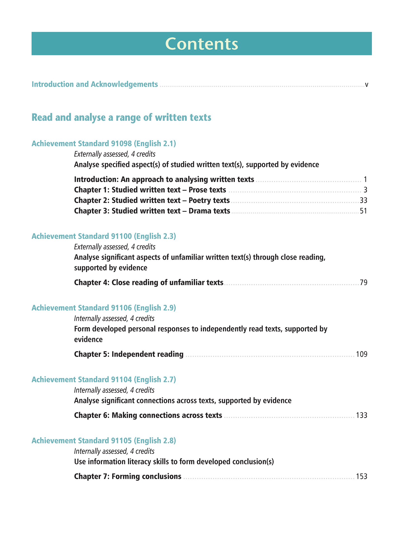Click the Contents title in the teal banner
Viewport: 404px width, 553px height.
202,44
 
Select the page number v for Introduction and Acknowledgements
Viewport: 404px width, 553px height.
366,84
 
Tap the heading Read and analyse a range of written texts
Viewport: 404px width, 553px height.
121,117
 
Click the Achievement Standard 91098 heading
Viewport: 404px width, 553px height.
104,144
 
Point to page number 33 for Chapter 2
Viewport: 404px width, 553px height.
363,200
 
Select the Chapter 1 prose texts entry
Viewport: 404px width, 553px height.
150,190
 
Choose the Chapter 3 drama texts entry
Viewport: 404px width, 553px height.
152,211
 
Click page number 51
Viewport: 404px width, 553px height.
363,211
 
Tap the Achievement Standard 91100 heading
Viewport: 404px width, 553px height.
104,236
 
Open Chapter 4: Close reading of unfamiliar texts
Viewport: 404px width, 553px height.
149,283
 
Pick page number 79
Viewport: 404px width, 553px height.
363,283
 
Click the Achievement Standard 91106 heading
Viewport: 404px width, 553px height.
104,308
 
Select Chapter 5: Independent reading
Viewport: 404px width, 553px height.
129,354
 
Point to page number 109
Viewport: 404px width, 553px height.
362,354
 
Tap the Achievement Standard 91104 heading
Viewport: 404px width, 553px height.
104,379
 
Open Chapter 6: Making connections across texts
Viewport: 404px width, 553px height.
148,416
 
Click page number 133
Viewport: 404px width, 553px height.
362,416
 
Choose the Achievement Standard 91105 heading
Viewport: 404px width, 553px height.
104,441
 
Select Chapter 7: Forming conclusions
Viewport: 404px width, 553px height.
128,476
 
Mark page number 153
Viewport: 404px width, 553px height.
362,476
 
